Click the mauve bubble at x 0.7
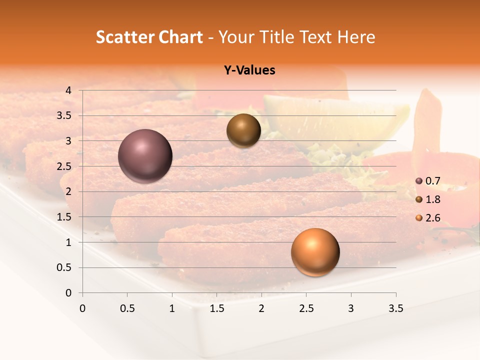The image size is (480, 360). tap(145, 156)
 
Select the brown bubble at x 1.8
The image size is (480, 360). tap(243, 130)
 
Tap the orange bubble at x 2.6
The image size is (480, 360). tap(315, 252)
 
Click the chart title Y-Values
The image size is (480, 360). tap(249, 70)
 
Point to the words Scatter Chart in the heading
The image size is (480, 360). tap(149, 37)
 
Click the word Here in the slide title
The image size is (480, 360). tap(356, 37)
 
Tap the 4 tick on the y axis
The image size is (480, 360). tap(68, 90)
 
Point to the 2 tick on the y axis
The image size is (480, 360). tap(68, 191)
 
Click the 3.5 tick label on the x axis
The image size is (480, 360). tap(395, 308)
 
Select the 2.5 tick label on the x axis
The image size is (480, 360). tap(306, 308)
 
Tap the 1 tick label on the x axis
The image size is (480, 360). tap(172, 308)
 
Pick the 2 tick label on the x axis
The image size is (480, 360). tap(261, 308)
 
